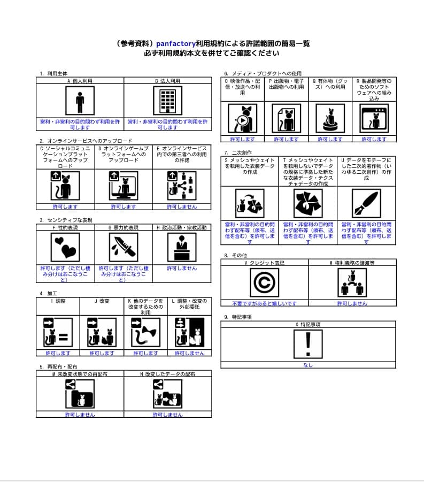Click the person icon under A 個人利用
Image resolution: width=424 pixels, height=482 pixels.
[80, 101]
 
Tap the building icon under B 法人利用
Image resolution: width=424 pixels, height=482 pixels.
[168, 101]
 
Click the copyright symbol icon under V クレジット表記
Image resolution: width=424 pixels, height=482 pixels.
[264, 282]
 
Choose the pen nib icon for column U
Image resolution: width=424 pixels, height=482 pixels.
[366, 203]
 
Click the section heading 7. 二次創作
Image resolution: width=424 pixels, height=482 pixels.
[238, 152]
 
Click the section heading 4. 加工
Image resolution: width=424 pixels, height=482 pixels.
[50, 294]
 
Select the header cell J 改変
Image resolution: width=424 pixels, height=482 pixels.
[102, 301]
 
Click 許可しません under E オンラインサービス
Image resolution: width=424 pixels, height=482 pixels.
[182, 206]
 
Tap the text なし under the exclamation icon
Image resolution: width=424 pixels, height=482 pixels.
[307, 365]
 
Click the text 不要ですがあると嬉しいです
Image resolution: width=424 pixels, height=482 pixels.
[264, 303]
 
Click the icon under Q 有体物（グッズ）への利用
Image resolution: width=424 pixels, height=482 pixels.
[330, 118]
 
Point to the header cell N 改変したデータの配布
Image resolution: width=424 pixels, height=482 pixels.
[168, 374]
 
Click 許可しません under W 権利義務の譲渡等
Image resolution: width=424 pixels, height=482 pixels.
[352, 303]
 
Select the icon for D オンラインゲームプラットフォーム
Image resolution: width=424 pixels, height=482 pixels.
[124, 185]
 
